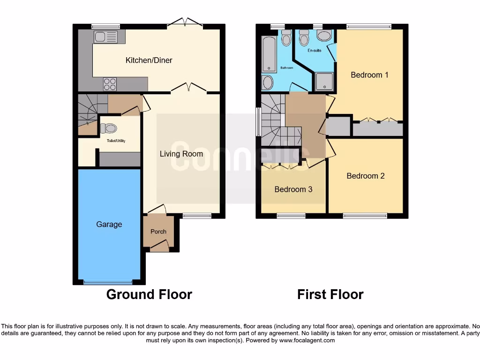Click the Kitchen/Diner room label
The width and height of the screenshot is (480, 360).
pos(149,60)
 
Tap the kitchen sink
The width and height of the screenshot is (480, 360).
pos(105,37)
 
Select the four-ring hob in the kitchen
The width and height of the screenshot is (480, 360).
pos(110,84)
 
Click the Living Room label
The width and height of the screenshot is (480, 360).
pos(181,154)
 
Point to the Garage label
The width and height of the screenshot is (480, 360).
pos(109,225)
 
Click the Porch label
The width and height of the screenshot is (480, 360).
pos(158,232)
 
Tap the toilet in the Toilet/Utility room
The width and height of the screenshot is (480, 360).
pos(109,127)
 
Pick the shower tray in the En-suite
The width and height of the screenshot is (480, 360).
pos(324,81)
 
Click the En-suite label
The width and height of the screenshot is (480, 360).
pos(315,50)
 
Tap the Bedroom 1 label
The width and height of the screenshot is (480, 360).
pos(369,75)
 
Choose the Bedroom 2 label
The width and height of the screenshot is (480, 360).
pos(366,176)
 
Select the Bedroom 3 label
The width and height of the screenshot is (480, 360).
pos(293,189)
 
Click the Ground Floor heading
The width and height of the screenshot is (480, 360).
pos(149,294)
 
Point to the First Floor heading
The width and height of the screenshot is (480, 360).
pos(330,294)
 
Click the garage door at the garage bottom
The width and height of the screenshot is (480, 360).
pos(108,282)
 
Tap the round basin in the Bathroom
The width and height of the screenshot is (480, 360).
pos(268,82)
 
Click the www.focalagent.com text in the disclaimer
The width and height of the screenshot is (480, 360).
pos(307,340)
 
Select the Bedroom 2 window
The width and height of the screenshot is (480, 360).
pos(365,216)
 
